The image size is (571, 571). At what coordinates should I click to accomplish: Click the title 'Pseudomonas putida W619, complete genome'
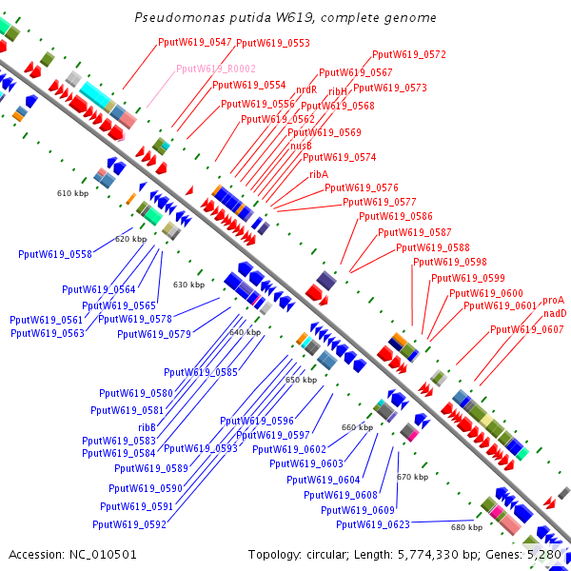(285, 18)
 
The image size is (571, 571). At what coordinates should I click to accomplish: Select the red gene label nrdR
(306, 89)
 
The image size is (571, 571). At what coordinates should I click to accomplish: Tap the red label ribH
(338, 91)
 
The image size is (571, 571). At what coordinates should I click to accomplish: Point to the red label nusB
(301, 146)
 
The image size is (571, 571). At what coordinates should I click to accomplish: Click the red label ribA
(319, 174)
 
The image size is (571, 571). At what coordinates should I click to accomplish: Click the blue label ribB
(147, 427)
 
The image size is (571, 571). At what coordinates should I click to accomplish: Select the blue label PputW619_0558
(55, 254)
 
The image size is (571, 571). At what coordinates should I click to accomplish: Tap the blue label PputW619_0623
(373, 524)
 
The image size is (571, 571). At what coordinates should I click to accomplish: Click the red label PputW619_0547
(194, 42)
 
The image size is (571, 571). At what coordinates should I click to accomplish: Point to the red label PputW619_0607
(527, 329)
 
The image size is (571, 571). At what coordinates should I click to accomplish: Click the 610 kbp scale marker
(72, 193)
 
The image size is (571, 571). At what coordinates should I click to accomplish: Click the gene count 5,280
(544, 554)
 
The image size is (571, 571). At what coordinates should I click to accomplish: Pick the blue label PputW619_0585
(201, 372)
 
